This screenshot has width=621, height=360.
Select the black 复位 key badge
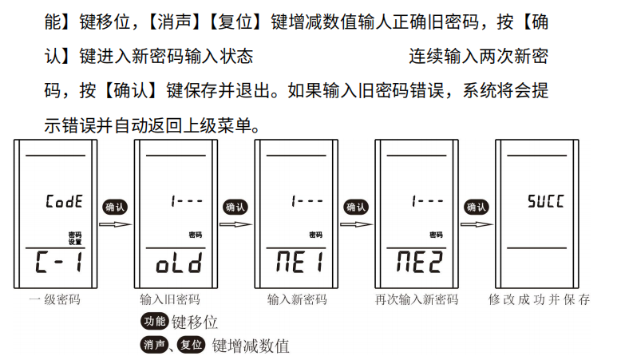pyautogui.click(x=191, y=345)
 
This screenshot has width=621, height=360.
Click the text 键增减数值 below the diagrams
pyautogui.click(x=251, y=346)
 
